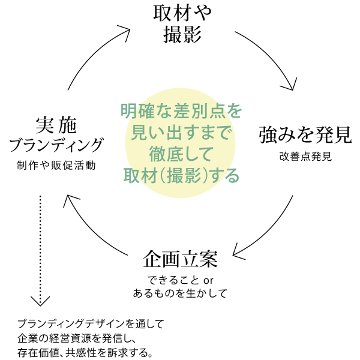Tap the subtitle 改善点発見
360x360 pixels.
(305, 157)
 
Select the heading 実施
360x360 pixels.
(56, 124)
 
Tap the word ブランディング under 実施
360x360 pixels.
(56, 145)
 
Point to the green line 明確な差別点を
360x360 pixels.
(181, 112)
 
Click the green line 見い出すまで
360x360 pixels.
(181, 133)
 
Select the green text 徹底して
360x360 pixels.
(181, 154)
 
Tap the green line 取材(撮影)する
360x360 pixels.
(181, 175)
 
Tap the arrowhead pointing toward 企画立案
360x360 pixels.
(239, 250)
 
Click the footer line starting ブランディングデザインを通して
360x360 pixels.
(91, 323)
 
